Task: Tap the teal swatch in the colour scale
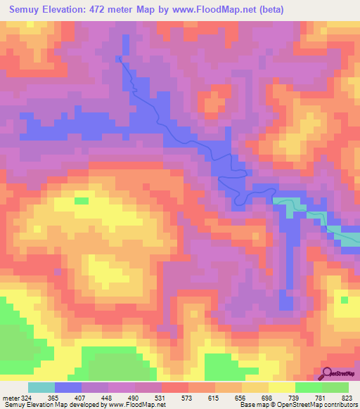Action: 41,387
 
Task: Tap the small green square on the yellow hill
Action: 82,201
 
